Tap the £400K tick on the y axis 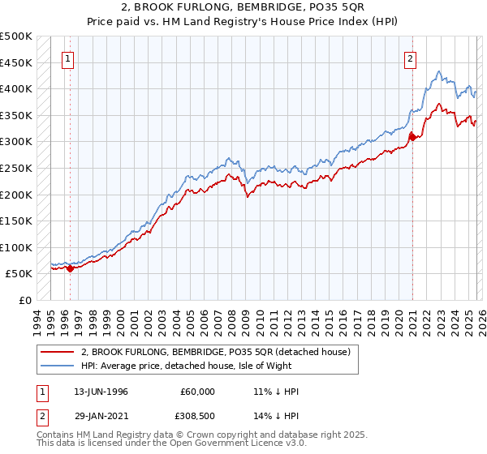coord(16,89)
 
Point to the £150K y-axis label coord(16,221)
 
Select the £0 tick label coord(26,300)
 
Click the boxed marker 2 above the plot coord(412,58)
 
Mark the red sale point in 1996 coord(70,269)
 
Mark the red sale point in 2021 coord(412,137)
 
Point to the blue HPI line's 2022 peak coord(437,72)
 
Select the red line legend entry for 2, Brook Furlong coord(215,352)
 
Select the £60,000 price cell coord(198,392)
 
